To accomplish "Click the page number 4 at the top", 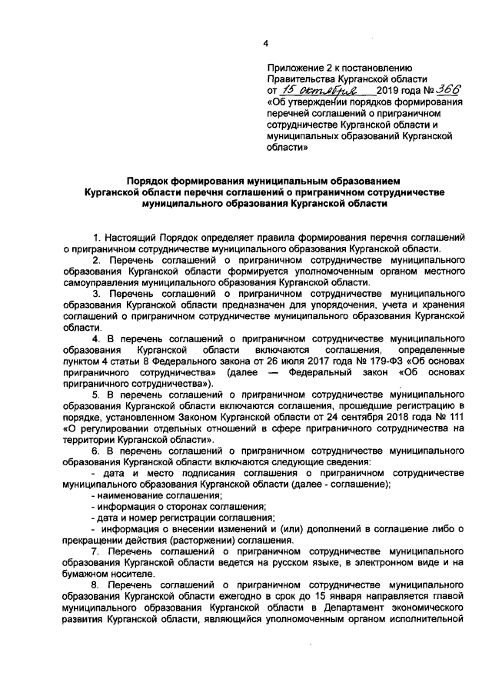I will (265, 42).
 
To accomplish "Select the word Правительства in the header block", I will (298, 79).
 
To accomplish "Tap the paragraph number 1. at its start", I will (96, 237).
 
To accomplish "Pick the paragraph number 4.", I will (96, 339).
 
